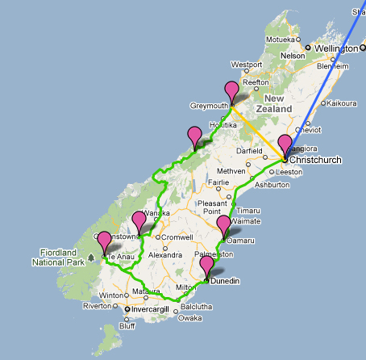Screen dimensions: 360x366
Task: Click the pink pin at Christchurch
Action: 285,144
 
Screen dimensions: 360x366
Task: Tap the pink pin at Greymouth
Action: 232,91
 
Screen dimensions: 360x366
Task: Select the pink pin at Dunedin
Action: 207,266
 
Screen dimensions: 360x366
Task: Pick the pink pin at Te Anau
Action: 104,241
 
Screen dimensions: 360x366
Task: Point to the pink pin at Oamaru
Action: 225,225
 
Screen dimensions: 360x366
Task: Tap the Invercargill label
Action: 156,309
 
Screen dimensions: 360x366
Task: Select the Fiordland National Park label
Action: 58,257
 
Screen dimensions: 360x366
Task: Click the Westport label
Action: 247,65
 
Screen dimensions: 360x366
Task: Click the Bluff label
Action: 127,326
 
